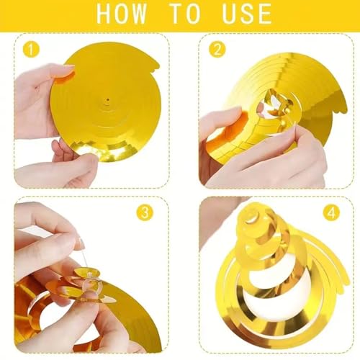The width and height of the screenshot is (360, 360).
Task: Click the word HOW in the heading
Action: (x=122, y=13)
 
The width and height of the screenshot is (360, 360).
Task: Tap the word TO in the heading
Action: (x=184, y=13)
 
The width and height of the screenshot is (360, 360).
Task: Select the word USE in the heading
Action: (x=247, y=13)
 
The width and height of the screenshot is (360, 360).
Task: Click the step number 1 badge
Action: (x=31, y=50)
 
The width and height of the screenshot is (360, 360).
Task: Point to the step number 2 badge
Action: (x=217, y=50)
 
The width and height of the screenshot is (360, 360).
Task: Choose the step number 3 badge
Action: (x=145, y=212)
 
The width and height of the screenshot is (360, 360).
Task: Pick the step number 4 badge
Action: (x=331, y=212)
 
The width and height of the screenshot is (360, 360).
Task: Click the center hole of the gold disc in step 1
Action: (x=107, y=99)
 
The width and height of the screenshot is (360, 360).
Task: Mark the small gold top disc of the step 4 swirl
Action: (x=251, y=217)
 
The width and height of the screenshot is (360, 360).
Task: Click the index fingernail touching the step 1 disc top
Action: (x=67, y=72)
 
